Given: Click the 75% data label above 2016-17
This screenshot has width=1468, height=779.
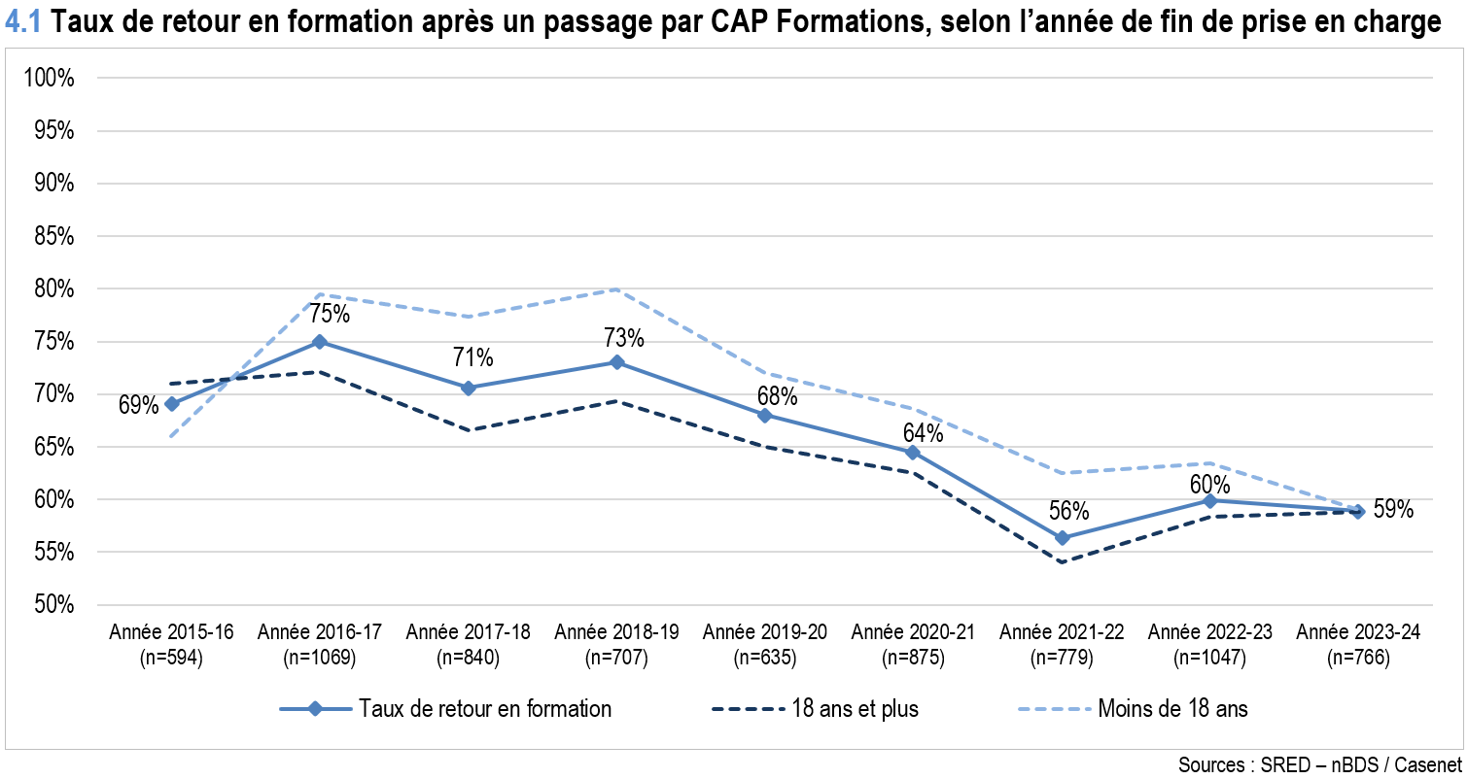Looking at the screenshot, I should [x=330, y=315].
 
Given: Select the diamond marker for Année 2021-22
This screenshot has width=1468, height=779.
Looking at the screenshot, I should [x=1062, y=538].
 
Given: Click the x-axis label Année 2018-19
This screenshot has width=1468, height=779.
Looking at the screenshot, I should [x=616, y=632].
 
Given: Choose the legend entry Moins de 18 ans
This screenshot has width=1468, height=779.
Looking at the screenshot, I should [x=1172, y=709].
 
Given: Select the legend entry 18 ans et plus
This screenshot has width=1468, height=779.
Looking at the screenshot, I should [x=855, y=709].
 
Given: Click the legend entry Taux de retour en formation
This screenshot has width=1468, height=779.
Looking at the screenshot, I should [x=484, y=709].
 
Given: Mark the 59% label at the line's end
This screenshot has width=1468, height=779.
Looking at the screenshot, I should [x=1393, y=510].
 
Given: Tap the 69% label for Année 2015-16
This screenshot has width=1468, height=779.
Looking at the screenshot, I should [x=138, y=405].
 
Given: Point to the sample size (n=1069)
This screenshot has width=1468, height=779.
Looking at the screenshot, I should [x=320, y=658].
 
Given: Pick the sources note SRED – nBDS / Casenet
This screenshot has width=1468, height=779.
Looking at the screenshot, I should [x=1319, y=764].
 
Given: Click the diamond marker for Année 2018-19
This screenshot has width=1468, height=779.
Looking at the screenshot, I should [x=616, y=362].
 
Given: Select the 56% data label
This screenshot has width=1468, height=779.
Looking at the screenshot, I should [x=1068, y=511].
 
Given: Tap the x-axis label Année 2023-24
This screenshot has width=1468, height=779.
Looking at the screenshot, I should [x=1358, y=632].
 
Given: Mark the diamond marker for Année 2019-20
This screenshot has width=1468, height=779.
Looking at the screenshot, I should [x=764, y=415].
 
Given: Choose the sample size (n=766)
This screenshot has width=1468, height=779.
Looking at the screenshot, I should [x=1358, y=658].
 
